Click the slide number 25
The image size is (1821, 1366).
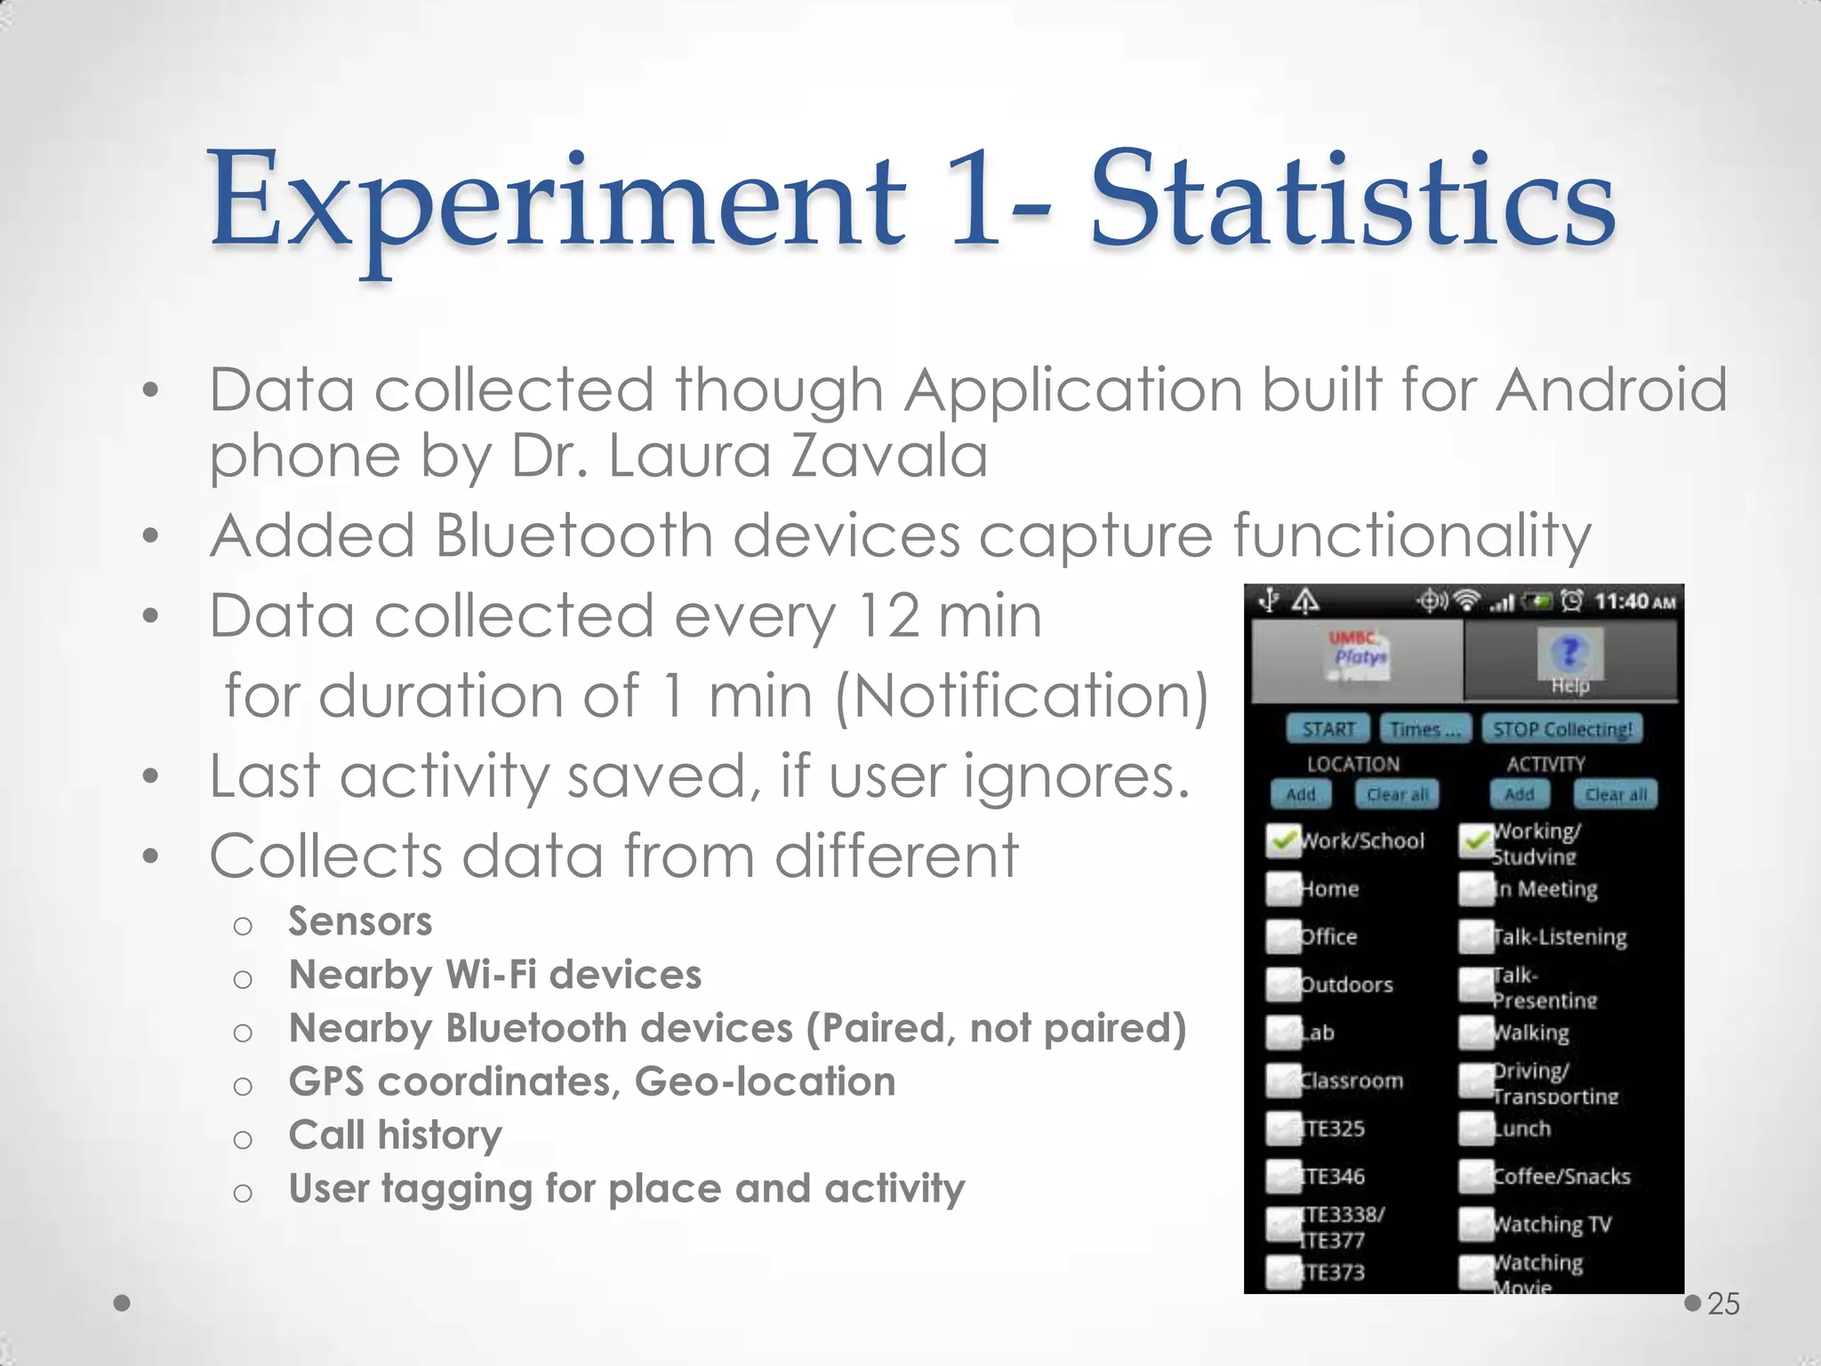(1723, 1304)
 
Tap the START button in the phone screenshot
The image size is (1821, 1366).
(1328, 729)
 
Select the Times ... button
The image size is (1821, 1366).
(1424, 729)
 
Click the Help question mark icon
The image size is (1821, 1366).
(1569, 654)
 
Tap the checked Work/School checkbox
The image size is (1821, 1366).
(1283, 840)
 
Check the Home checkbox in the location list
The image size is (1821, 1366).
(1283, 888)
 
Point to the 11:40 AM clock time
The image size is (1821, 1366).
(1634, 602)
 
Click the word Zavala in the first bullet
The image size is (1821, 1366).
(888, 456)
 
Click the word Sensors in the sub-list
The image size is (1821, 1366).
(360, 921)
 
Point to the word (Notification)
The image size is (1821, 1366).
(1022, 695)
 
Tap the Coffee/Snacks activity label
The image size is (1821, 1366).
(1561, 1177)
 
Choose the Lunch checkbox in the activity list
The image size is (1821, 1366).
(1476, 1129)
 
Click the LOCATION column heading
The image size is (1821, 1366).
(1352, 764)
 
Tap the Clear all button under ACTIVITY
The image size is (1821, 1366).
(1616, 794)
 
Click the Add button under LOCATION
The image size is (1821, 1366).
(1300, 794)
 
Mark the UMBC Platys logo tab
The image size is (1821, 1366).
(1357, 658)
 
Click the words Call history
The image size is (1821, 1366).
(395, 1136)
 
